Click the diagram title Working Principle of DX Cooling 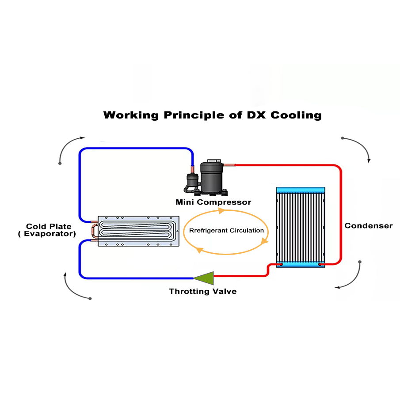click(212, 115)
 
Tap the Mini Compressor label click(213, 202)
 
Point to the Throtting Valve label click(203, 291)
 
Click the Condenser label click(368, 226)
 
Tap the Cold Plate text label click(49, 226)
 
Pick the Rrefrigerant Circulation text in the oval click(226, 230)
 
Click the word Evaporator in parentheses click(49, 234)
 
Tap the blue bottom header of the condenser click(301, 264)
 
